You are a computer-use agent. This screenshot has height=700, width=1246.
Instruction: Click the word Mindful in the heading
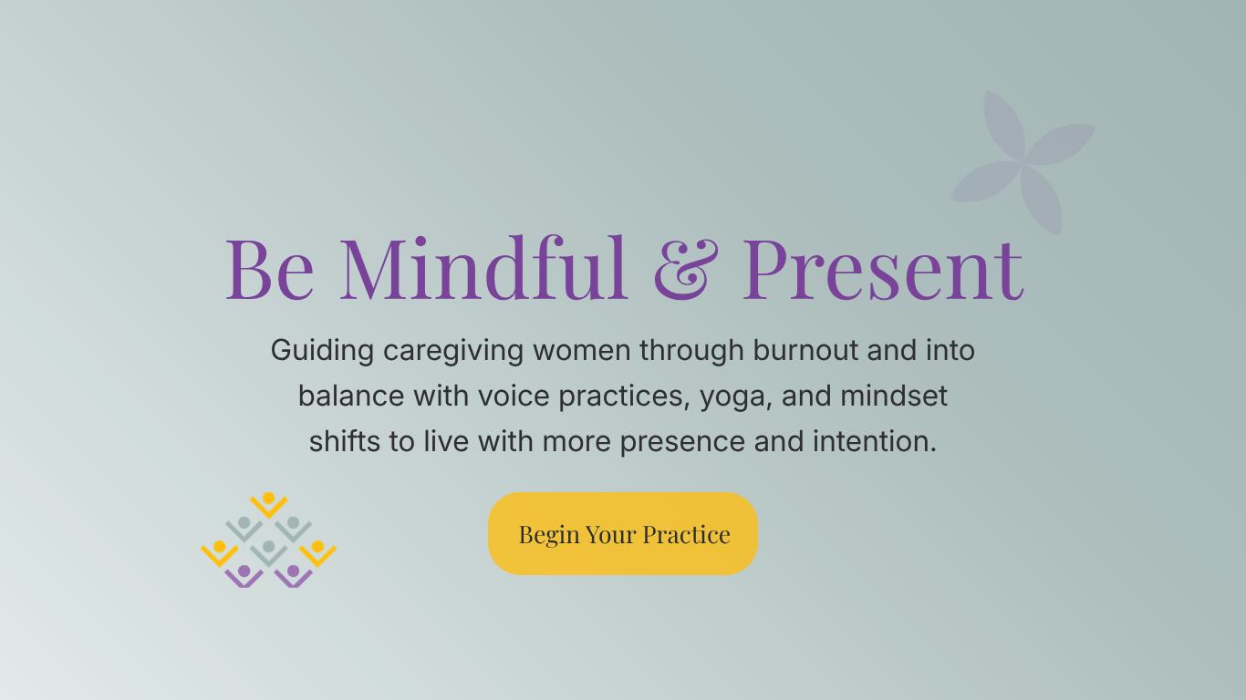click(x=484, y=269)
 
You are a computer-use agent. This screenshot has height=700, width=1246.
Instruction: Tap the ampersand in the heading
click(x=683, y=269)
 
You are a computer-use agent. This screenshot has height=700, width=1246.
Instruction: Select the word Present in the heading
click(x=882, y=269)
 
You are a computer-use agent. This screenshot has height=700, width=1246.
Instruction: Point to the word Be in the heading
click(x=270, y=269)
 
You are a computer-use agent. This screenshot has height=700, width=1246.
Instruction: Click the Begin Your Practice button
click(x=623, y=534)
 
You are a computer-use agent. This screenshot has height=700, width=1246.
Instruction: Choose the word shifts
click(x=346, y=442)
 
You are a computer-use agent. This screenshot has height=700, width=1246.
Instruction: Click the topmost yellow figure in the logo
click(x=268, y=502)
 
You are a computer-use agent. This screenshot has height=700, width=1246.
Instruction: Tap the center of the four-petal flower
click(x=1023, y=163)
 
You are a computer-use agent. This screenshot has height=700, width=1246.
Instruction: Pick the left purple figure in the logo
click(x=244, y=575)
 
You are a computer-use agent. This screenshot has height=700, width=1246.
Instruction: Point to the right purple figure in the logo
click(x=293, y=575)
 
